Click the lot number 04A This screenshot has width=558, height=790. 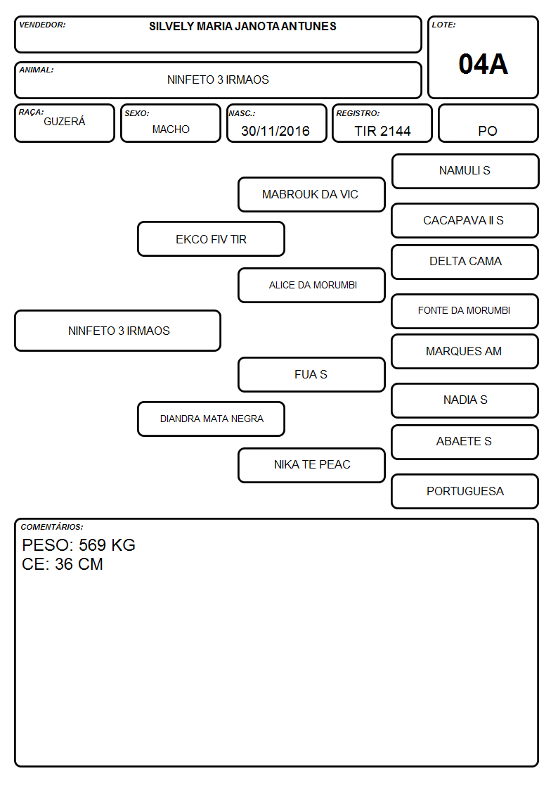click(483, 64)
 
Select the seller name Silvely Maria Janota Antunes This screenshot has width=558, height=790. click(242, 26)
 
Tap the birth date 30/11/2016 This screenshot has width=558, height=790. click(275, 131)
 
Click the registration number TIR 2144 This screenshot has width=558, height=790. click(382, 131)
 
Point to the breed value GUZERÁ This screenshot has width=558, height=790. click(65, 121)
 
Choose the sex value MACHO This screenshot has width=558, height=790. click(171, 129)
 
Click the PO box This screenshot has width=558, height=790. click(488, 123)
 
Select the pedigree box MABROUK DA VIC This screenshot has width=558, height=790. click(311, 194)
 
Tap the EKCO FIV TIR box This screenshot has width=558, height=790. click(212, 238)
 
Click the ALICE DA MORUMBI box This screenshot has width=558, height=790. click(311, 285)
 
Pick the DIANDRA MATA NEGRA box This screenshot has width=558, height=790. click(212, 419)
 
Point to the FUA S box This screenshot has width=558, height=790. click(311, 374)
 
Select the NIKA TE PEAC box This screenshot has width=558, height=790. click(311, 465)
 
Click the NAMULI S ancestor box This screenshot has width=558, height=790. click(465, 172)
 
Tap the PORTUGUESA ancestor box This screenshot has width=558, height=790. click(465, 491)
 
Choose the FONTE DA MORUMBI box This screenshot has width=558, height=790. click(465, 311)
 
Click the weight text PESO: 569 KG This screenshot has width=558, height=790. click(79, 544)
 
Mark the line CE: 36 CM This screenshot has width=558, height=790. click(63, 563)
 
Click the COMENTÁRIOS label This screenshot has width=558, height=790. click(52, 527)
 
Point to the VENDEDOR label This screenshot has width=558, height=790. click(42, 25)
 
